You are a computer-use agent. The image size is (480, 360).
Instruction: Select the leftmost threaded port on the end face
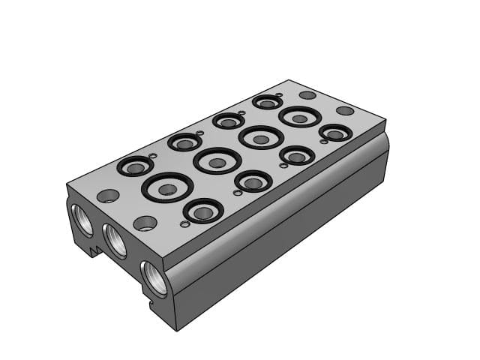[81, 217]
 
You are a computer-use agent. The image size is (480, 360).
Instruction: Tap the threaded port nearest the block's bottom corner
[154, 275]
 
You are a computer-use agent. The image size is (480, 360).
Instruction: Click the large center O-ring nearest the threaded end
[167, 187]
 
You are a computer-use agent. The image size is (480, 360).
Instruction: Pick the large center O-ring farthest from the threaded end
[300, 117]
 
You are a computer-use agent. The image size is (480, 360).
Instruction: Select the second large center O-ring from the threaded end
[217, 161]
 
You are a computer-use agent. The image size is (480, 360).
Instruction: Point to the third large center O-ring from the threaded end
[261, 138]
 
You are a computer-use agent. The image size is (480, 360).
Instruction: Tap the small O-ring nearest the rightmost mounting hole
[335, 133]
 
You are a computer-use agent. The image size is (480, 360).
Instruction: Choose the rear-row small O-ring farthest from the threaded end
[267, 101]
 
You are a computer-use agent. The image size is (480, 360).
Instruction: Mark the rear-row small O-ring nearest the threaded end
[135, 166]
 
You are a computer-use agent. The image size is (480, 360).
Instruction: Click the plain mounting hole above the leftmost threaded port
[108, 196]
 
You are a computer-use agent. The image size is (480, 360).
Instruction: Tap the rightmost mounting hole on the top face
[345, 111]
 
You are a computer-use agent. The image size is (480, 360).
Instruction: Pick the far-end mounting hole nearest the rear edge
[307, 95]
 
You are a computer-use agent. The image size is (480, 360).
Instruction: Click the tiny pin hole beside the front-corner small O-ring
[184, 223]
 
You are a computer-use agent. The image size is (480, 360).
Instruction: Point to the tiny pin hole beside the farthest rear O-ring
[279, 95]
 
